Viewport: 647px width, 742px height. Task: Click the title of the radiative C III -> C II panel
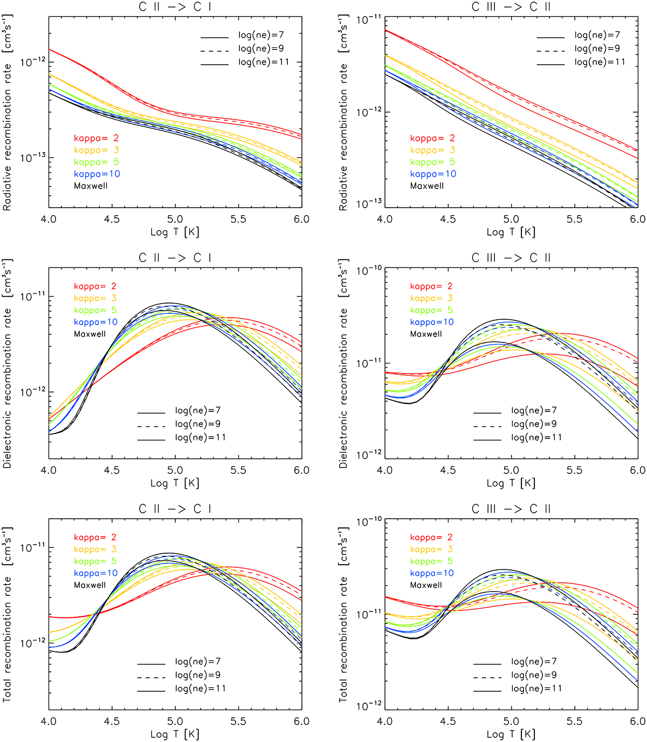(x=511, y=7)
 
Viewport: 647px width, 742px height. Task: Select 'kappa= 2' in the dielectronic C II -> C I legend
(x=95, y=286)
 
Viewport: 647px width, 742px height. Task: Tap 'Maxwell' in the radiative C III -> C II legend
(x=427, y=186)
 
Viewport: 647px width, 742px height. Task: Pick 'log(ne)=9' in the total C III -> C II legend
(x=536, y=675)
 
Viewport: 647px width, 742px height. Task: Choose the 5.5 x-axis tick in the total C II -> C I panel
(x=238, y=721)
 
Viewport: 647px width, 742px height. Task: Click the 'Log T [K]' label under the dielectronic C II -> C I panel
(x=175, y=483)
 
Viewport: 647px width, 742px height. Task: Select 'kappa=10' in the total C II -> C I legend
(x=95, y=573)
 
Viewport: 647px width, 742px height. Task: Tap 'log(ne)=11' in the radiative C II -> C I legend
(x=264, y=62)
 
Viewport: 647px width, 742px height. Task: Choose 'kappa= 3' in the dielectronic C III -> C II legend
(x=431, y=298)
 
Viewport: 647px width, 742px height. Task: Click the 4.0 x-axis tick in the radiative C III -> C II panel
(x=384, y=219)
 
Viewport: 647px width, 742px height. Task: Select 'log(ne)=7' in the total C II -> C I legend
(x=198, y=662)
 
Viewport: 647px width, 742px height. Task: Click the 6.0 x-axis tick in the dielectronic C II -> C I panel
(x=301, y=470)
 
